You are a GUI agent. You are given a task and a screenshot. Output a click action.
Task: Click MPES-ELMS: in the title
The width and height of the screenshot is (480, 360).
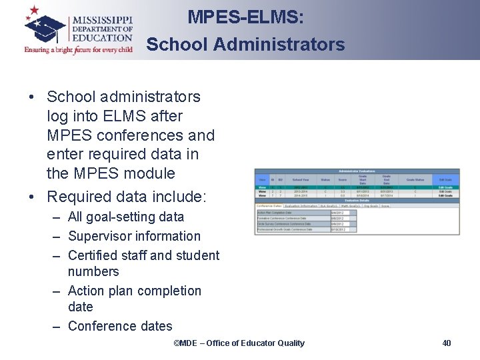coord(245,17)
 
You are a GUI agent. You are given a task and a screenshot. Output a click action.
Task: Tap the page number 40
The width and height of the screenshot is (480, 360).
coord(447,343)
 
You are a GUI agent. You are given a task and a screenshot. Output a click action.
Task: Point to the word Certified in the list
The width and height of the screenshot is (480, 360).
coord(93,255)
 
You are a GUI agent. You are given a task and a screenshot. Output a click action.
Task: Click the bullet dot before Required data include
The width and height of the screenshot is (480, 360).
coord(31,197)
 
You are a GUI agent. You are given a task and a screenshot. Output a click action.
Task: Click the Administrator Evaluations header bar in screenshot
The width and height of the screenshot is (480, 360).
coord(357,171)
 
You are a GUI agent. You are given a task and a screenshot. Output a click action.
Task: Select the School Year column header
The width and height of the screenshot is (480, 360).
coord(301,179)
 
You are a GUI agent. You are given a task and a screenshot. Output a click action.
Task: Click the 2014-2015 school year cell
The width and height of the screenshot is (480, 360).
coord(301,196)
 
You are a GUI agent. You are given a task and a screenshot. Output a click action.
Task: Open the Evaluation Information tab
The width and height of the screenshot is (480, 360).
coord(301,205)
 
